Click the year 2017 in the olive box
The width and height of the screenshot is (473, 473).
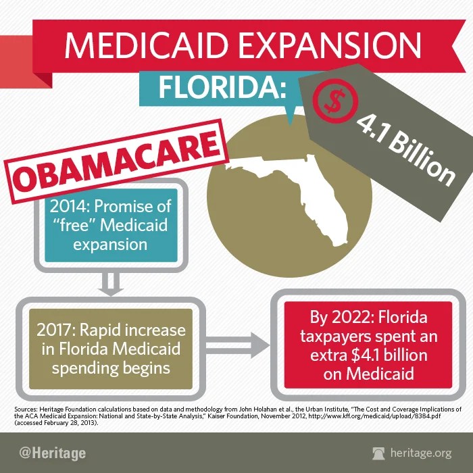pyautogui.click(x=55, y=331)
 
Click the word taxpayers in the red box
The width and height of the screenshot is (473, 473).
pyautogui.click(x=328, y=335)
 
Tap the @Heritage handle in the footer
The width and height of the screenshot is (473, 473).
pyautogui.click(x=52, y=453)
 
